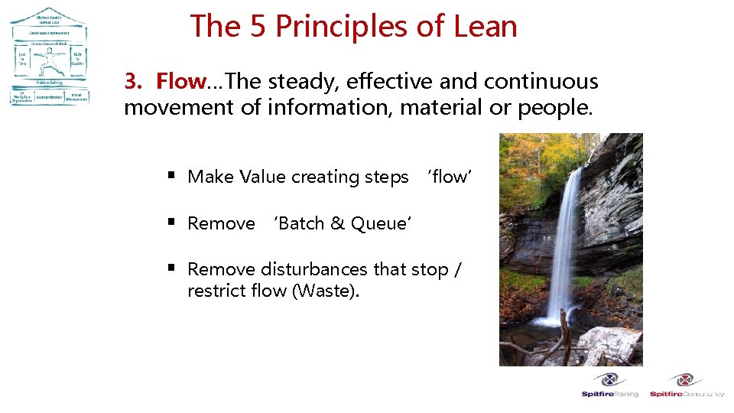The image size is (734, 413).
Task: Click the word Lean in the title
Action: point(484,26)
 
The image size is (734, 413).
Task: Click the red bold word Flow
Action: point(181,81)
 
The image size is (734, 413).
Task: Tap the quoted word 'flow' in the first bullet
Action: point(450,177)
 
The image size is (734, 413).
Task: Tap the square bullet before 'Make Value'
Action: point(173,177)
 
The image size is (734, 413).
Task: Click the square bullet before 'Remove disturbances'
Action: point(173,268)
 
